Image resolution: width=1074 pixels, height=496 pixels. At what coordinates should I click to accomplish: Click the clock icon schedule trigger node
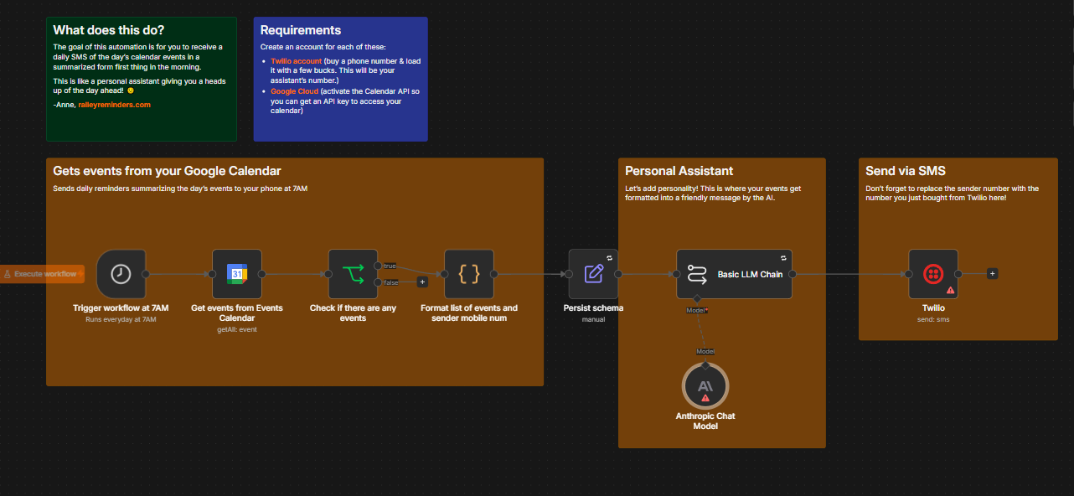pos(121,274)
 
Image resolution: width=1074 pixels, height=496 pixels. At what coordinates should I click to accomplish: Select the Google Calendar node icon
pos(237,274)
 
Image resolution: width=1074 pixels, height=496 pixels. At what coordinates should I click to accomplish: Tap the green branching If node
pos(353,274)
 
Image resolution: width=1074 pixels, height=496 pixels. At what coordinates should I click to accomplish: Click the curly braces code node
pos(469,274)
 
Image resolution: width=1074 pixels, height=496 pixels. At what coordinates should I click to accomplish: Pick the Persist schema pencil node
pos(593,274)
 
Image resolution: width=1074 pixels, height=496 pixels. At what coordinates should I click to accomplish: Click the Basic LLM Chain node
pos(734,274)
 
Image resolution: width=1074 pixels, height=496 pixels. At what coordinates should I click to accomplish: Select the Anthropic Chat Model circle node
pos(705,386)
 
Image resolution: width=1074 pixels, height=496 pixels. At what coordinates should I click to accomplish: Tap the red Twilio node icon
pos(933,274)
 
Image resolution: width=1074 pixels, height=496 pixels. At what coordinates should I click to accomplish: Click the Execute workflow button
pos(42,274)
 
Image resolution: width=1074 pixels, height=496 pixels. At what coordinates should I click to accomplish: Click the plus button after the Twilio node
pos(992,274)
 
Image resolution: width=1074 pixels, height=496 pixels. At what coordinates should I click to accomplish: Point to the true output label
pos(390,266)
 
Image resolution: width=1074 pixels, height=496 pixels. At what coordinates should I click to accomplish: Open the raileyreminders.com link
pos(114,105)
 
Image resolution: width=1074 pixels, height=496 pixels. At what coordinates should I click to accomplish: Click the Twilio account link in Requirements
pos(296,61)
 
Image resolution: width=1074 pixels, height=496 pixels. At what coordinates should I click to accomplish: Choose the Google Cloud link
pos(294,91)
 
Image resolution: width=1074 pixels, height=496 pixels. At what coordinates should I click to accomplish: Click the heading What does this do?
pos(108,30)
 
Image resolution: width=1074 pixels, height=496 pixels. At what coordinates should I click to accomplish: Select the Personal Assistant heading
pos(679,171)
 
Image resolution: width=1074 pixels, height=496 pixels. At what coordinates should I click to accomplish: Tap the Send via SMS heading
pos(906,171)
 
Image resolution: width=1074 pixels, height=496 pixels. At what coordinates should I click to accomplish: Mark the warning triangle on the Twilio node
pos(950,290)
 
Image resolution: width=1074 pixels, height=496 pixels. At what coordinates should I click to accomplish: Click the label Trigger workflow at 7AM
pos(121,308)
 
